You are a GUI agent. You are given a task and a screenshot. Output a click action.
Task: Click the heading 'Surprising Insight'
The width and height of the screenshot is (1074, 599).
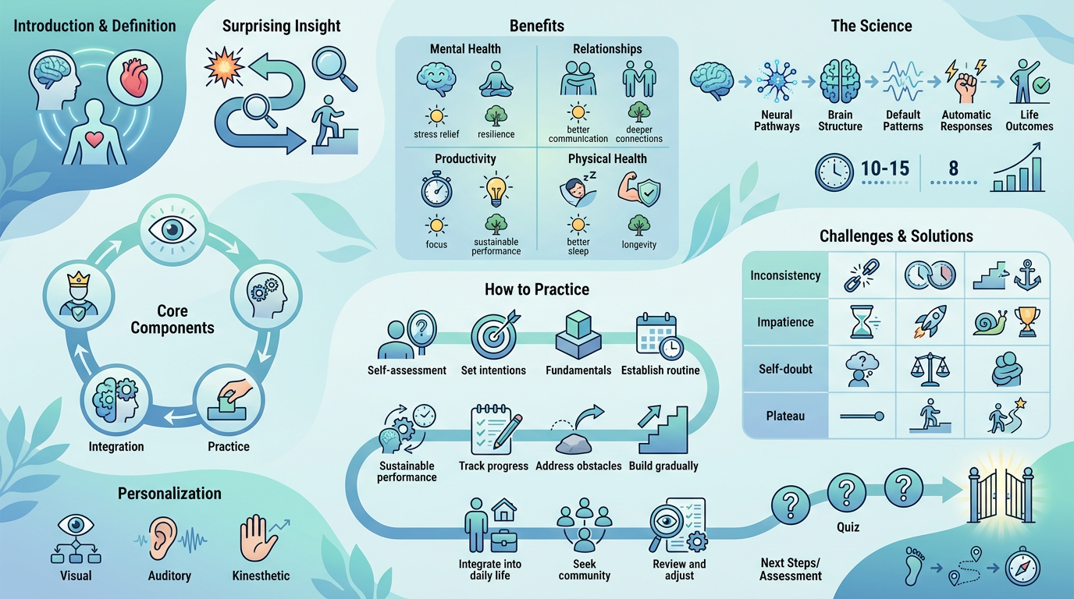(x=281, y=26)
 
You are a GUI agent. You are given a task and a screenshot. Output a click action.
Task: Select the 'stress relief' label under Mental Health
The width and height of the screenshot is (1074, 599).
(x=436, y=134)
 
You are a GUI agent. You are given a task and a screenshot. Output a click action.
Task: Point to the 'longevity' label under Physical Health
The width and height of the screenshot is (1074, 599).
(x=638, y=245)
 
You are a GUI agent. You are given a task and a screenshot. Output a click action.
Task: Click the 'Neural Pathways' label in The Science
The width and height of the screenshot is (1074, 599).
(x=777, y=120)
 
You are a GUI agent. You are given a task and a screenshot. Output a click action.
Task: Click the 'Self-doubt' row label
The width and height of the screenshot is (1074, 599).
(x=786, y=369)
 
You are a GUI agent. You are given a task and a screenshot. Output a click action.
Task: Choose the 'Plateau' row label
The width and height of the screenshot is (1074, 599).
(x=786, y=416)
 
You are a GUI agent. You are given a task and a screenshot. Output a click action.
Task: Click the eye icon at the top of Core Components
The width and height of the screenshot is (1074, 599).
(x=172, y=230)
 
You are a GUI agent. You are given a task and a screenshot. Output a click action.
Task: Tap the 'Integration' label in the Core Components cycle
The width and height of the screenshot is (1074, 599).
(x=116, y=447)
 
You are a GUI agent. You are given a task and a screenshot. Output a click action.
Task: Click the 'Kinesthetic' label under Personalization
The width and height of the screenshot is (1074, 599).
(x=261, y=576)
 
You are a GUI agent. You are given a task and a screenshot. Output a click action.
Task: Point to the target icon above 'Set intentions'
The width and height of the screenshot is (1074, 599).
(x=493, y=335)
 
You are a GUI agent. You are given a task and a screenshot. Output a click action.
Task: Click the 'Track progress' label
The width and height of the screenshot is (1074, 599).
(x=493, y=466)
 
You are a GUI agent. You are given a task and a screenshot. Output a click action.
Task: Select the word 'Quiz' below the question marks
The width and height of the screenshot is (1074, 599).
(x=848, y=527)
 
